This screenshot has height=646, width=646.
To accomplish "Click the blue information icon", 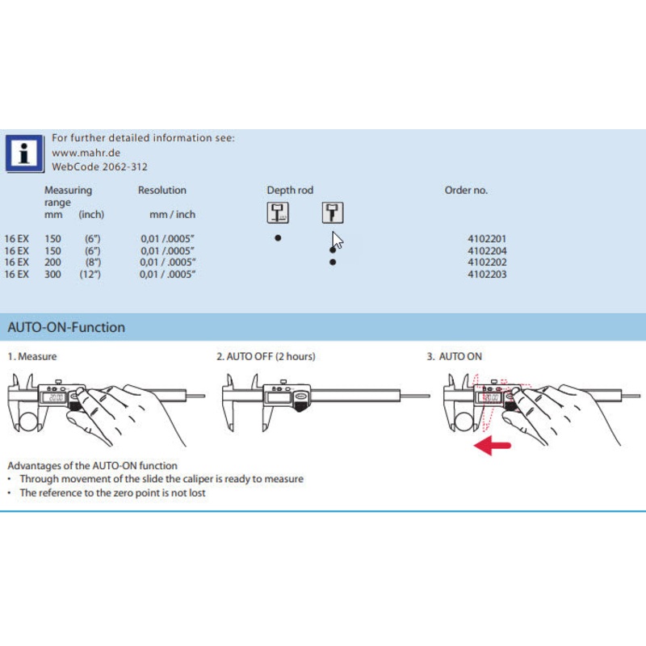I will tap(25, 153).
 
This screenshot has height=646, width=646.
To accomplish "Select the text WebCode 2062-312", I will tap(99, 166).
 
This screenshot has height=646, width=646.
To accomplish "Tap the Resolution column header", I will tap(161, 191).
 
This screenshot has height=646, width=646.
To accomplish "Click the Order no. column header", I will tap(466, 191).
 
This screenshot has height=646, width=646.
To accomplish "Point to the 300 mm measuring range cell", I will tap(52, 275).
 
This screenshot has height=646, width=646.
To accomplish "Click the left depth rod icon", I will tap(278, 212).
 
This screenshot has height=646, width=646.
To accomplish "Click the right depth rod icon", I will tap(332, 212).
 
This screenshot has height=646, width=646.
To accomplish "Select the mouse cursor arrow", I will tap(338, 241).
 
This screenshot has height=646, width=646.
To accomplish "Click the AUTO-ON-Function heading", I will tap(66, 328).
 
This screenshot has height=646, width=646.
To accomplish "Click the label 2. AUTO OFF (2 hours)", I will tap(266, 356).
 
